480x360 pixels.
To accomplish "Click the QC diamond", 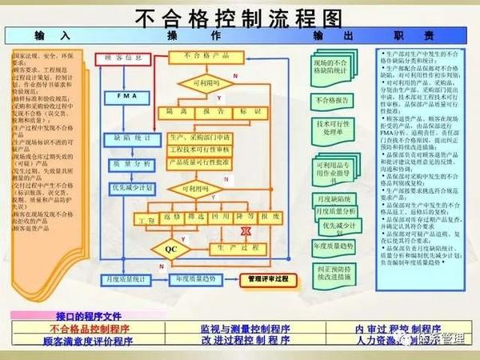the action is coord(171,249).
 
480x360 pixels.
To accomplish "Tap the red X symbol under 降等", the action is coord(247,230).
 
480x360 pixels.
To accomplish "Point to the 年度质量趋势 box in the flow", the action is coord(192,279).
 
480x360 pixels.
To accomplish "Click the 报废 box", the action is coord(270,217).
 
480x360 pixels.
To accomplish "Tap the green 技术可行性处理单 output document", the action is coord(333,129).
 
